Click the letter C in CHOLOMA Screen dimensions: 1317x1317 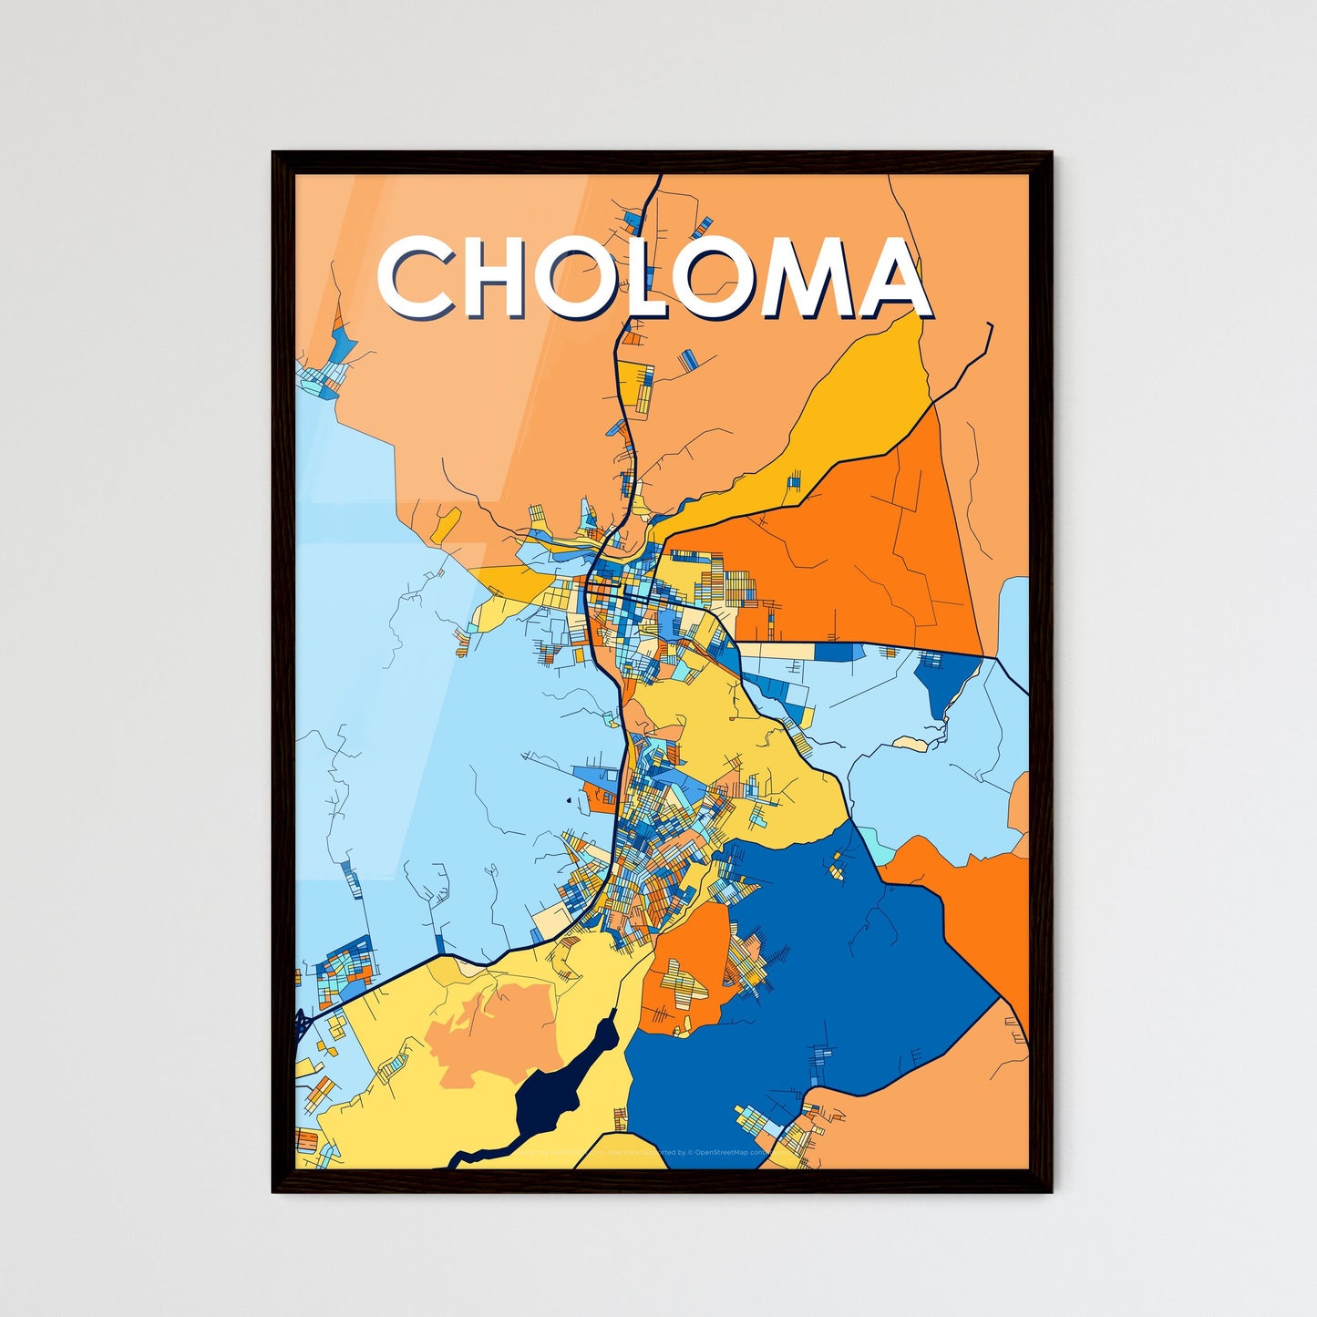pyautogui.click(x=415, y=279)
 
